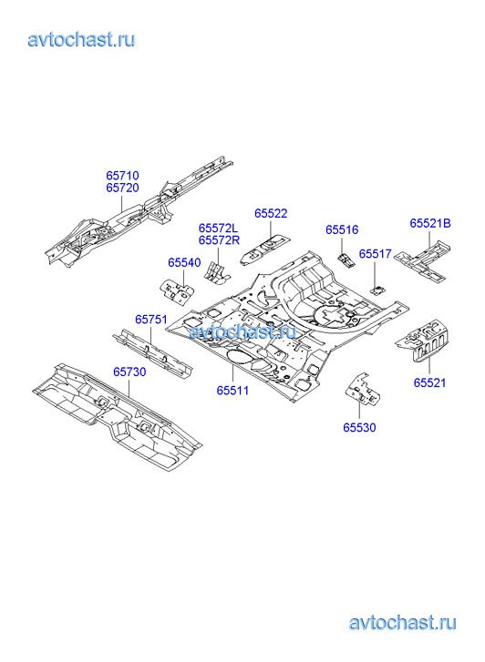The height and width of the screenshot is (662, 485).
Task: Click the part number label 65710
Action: tap(122, 176)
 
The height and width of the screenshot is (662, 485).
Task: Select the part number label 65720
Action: tap(122, 188)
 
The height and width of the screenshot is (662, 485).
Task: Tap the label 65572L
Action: tap(218, 228)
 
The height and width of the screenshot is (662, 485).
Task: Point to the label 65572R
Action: tap(219, 240)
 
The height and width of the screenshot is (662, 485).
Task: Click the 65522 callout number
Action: tap(271, 214)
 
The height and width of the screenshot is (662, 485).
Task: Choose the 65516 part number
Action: tap(342, 230)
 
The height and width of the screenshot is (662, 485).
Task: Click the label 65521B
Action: tap(430, 223)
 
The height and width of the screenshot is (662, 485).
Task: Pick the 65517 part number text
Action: tap(376, 254)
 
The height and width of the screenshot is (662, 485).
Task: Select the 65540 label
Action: tap(184, 262)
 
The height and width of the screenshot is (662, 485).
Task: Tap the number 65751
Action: tap(151, 320)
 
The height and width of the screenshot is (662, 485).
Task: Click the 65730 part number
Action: tap(129, 372)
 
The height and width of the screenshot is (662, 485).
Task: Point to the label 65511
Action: tap(232, 391)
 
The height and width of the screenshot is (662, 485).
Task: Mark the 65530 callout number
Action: tap(359, 428)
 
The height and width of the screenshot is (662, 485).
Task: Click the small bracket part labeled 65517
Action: tap(377, 290)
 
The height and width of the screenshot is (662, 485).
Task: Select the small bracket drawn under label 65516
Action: tap(346, 260)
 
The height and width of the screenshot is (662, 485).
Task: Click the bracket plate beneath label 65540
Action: tap(177, 290)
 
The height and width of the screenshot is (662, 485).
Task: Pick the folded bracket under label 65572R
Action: tap(217, 273)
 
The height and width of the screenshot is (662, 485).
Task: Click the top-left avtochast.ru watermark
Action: tap(82, 40)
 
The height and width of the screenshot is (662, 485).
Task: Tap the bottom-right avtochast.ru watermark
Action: tap(402, 623)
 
